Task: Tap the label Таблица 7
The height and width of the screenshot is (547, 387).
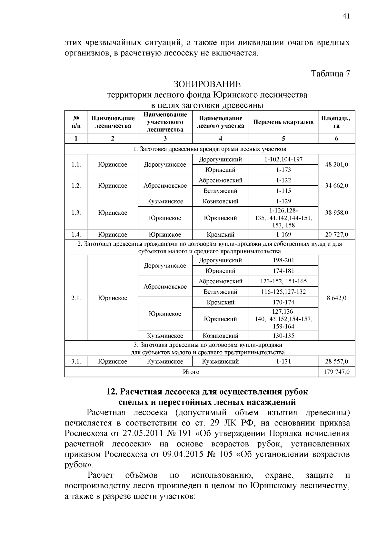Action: pos(330,73)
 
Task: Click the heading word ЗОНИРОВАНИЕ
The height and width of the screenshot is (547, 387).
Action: pos(207,84)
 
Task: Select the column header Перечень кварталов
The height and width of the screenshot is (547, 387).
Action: pos(283,122)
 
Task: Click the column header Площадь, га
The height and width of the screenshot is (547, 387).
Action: pos(336,122)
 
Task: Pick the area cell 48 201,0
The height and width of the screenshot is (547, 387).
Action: pos(336,164)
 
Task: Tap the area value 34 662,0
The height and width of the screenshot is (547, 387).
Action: pos(336,186)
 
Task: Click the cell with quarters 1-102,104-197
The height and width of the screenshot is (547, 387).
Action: pos(283,159)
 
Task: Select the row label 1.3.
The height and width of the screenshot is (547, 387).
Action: pos(76,213)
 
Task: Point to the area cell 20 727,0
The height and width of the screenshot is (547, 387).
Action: pos(336,235)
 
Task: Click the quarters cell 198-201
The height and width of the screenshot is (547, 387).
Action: pos(283,260)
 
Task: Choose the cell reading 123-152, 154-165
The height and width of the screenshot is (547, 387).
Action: pos(283,281)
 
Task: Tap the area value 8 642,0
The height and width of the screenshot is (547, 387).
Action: pos(336,298)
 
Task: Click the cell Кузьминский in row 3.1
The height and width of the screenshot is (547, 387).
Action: pos(220,362)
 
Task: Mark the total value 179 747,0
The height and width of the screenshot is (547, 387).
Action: pos(336,372)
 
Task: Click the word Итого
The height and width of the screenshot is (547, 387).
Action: pos(191,372)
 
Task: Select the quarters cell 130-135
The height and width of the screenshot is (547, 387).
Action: pos(283,336)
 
